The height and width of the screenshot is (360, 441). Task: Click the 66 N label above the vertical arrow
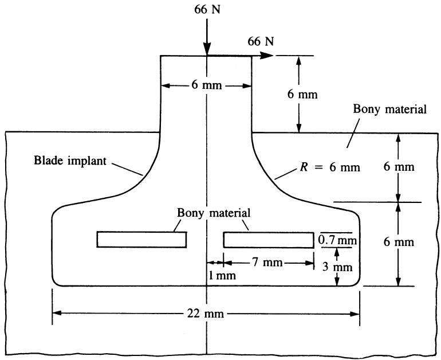point(207,9)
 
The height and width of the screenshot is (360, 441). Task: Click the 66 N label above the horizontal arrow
point(261,41)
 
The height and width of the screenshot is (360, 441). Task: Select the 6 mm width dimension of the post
point(206,85)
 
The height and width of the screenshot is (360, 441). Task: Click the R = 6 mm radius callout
point(330,167)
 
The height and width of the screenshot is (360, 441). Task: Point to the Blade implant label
point(70,161)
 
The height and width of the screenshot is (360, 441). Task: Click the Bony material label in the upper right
point(390,109)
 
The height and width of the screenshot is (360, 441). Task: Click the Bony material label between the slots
point(214,213)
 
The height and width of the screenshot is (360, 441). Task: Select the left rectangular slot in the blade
point(141,240)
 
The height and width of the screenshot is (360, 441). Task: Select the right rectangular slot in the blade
point(269,240)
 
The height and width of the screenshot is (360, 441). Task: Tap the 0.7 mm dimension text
point(337,240)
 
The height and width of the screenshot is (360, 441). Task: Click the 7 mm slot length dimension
point(267,263)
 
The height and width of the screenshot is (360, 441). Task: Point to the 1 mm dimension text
point(222,275)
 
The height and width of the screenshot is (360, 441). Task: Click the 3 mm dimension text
point(337,267)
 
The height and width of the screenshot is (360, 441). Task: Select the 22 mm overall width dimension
point(206,313)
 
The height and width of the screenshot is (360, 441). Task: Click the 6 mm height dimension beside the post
point(302,94)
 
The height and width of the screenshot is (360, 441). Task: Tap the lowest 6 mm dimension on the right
point(399,242)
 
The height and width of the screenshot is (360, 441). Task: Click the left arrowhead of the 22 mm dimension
point(57,313)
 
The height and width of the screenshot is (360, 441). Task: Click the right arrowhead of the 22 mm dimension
point(355,314)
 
